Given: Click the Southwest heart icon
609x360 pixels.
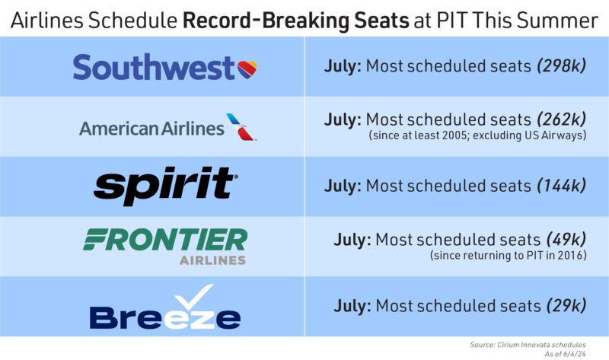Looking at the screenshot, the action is point(247,69).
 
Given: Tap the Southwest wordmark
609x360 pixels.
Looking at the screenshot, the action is point(154,67).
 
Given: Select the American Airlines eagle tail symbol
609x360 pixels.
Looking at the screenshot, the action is point(241,126).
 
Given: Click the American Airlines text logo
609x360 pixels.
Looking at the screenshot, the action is point(151,128).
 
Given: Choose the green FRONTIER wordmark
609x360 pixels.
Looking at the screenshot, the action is point(165,239).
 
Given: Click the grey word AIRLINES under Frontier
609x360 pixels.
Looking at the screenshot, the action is point(212,260).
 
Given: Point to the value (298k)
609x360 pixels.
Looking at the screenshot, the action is point(561,66).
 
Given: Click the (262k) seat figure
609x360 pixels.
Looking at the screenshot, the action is point(561,119).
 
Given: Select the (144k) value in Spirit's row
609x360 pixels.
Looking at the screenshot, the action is point(561,186).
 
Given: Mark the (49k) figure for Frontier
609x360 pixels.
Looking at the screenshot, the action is point(566,239).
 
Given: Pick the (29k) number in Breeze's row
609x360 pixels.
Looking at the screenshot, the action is point(566,306).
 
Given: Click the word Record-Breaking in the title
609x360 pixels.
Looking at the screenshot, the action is point(295,21).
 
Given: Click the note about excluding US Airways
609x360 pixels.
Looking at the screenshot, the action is point(477,135).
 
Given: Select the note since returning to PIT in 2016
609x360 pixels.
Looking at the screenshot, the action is point(508,256).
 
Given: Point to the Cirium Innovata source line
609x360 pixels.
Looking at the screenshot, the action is point(528,345).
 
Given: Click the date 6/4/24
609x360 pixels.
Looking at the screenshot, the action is point(574,354).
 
